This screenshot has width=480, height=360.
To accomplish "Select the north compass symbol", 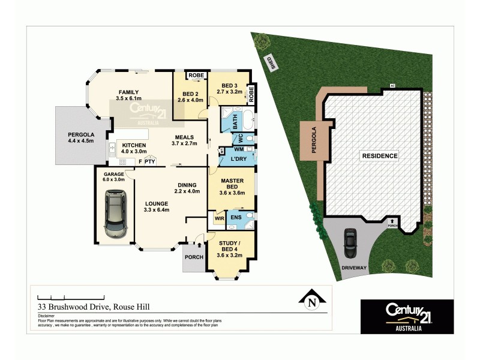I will coord(311,301).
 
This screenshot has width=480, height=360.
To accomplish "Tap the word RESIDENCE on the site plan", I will coord(379,156).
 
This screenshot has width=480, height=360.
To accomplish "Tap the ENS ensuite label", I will coord(236,217).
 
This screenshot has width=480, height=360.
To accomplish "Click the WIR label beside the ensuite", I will coord(219,218).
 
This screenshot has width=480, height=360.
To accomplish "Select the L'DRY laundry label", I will coord(231,160).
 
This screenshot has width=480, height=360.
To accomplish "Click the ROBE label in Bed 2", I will coord(196,75).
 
